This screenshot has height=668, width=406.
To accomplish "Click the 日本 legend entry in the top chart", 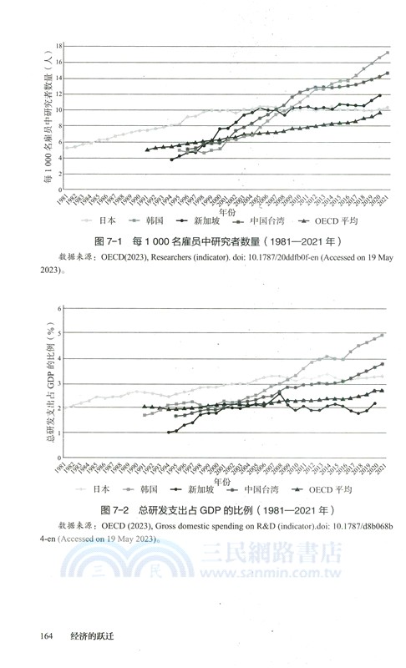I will (x=104, y=221).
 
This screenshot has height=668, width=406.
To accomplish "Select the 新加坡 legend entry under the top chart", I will (x=208, y=221).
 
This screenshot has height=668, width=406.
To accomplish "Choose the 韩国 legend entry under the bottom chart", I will (x=155, y=489).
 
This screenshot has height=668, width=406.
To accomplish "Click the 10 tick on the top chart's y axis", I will (x=58, y=109).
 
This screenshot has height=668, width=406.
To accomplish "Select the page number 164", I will (x=47, y=637).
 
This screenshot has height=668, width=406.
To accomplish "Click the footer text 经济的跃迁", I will (x=91, y=637).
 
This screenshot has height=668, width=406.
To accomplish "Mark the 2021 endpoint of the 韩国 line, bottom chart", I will (x=383, y=334).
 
